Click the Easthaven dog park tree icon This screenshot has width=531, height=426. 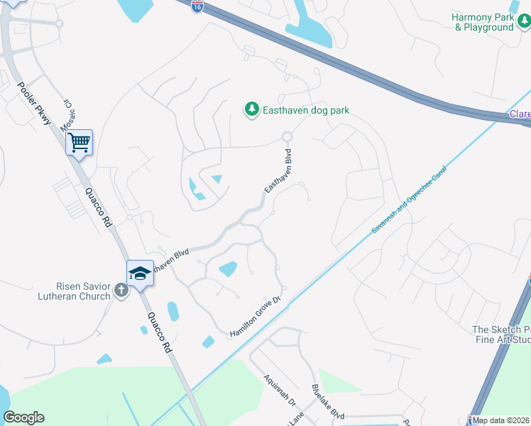pyautogui.click(x=251, y=109)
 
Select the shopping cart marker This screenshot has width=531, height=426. pyautogui.click(x=80, y=143)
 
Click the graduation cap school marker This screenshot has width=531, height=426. pyautogui.click(x=140, y=273)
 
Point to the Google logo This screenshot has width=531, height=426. pyautogui.click(x=24, y=417)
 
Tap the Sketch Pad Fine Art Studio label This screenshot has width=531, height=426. pyautogui.click(x=501, y=335)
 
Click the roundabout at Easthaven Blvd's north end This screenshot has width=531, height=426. pyautogui.click(x=287, y=136)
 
